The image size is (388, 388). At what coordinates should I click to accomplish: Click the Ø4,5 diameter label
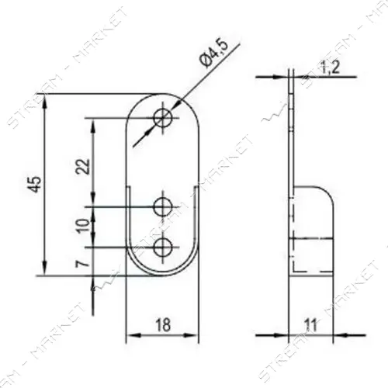(214, 54)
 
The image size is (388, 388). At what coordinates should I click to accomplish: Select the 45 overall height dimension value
(36, 184)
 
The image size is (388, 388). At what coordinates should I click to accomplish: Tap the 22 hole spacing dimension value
(83, 166)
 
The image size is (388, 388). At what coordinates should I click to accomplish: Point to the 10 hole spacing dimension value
(83, 226)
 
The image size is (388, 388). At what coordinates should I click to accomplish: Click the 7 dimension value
(81, 265)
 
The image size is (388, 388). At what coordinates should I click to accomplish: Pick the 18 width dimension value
(163, 325)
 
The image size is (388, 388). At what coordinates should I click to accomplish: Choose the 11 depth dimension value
(310, 325)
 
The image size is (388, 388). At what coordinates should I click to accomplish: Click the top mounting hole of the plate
(163, 119)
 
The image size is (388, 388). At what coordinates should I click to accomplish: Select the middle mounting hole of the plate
(163, 207)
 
